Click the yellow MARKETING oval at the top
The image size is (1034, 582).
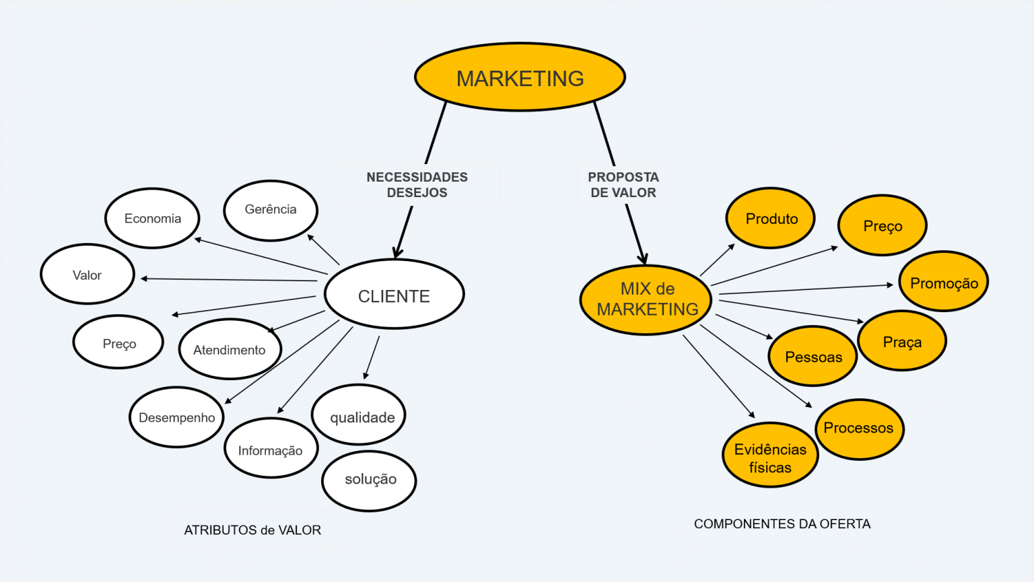tap(520, 77)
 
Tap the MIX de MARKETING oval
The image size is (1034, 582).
tap(646, 299)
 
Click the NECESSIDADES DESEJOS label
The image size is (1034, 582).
tap(417, 184)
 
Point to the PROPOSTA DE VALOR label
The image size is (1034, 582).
tap(623, 184)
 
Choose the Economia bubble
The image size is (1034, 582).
tap(152, 219)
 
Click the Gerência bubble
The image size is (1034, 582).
tap(271, 210)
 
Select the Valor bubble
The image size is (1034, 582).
tap(88, 275)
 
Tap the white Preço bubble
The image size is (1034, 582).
tap(118, 342)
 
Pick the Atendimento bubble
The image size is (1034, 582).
tap(230, 349)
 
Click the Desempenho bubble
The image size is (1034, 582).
tap(176, 417)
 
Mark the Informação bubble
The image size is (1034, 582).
tap(271, 449)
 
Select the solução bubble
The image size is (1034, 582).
tap(370, 480)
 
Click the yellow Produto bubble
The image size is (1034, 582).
tap(771, 219)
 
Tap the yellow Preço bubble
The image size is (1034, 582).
tap(883, 225)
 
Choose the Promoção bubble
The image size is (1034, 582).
tap(944, 283)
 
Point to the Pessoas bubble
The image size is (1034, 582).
tap(813, 357)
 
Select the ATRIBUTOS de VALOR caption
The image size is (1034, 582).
tap(252, 530)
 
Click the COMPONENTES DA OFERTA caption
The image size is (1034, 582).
tap(782, 523)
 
